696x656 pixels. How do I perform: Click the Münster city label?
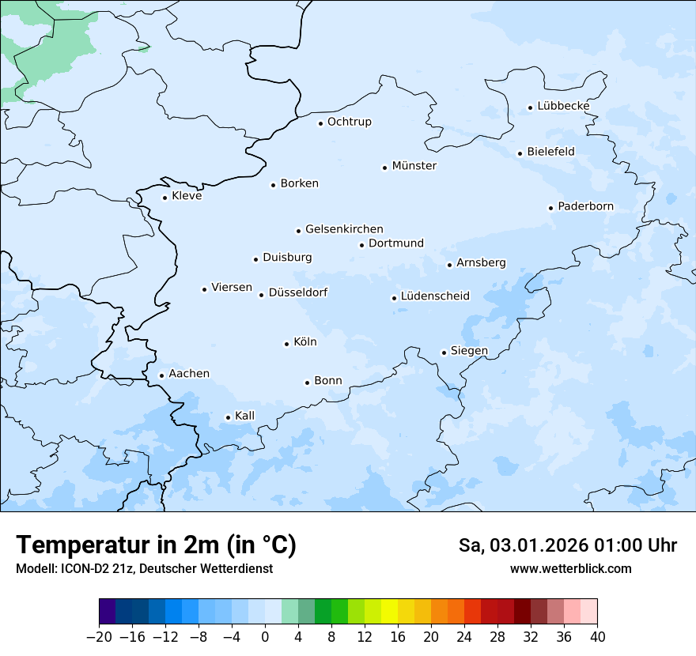[414, 166]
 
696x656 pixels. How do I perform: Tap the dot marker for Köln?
[286, 344]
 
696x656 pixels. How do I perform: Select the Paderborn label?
[585, 206]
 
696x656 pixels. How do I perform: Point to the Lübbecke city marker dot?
[531, 107]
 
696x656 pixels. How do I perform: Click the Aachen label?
[189, 374]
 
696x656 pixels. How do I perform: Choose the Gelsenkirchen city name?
[344, 229]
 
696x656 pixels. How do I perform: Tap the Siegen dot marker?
[444, 353]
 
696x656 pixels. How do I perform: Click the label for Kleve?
[187, 196]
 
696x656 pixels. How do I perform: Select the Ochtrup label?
[349, 122]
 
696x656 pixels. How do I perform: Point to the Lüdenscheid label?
[435, 296]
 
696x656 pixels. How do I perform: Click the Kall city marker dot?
[229, 417]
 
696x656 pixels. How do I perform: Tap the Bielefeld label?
[550, 151]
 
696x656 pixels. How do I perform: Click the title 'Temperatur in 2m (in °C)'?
[156, 545]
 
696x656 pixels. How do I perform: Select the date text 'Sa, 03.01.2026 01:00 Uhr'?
[567, 546]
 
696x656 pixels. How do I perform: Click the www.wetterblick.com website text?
[570, 568]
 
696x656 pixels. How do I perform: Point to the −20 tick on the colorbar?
[100, 637]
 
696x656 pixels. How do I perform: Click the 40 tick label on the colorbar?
[597, 637]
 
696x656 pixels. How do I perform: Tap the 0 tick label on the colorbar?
[265, 637]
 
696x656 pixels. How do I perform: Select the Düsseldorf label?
[298, 292]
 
